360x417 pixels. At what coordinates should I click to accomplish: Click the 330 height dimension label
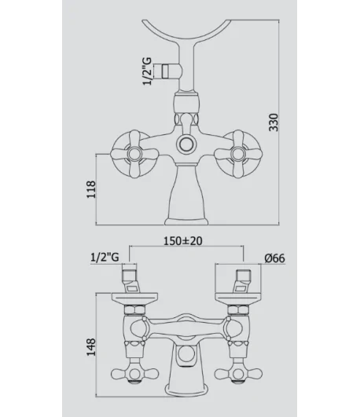coord(274,123)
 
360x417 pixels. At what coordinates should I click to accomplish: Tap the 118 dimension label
coord(91,189)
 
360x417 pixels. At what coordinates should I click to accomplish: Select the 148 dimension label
coord(91,347)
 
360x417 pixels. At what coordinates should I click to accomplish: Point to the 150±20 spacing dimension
coord(183,241)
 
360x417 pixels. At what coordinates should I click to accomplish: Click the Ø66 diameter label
coord(274,258)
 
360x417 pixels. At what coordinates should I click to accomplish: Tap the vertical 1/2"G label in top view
coord(147,71)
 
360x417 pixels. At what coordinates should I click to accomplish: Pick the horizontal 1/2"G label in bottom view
coord(105,258)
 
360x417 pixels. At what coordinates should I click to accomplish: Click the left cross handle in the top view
coord(134,154)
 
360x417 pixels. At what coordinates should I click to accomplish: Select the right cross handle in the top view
coord(237,154)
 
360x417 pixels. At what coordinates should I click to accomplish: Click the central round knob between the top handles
coord(186,144)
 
